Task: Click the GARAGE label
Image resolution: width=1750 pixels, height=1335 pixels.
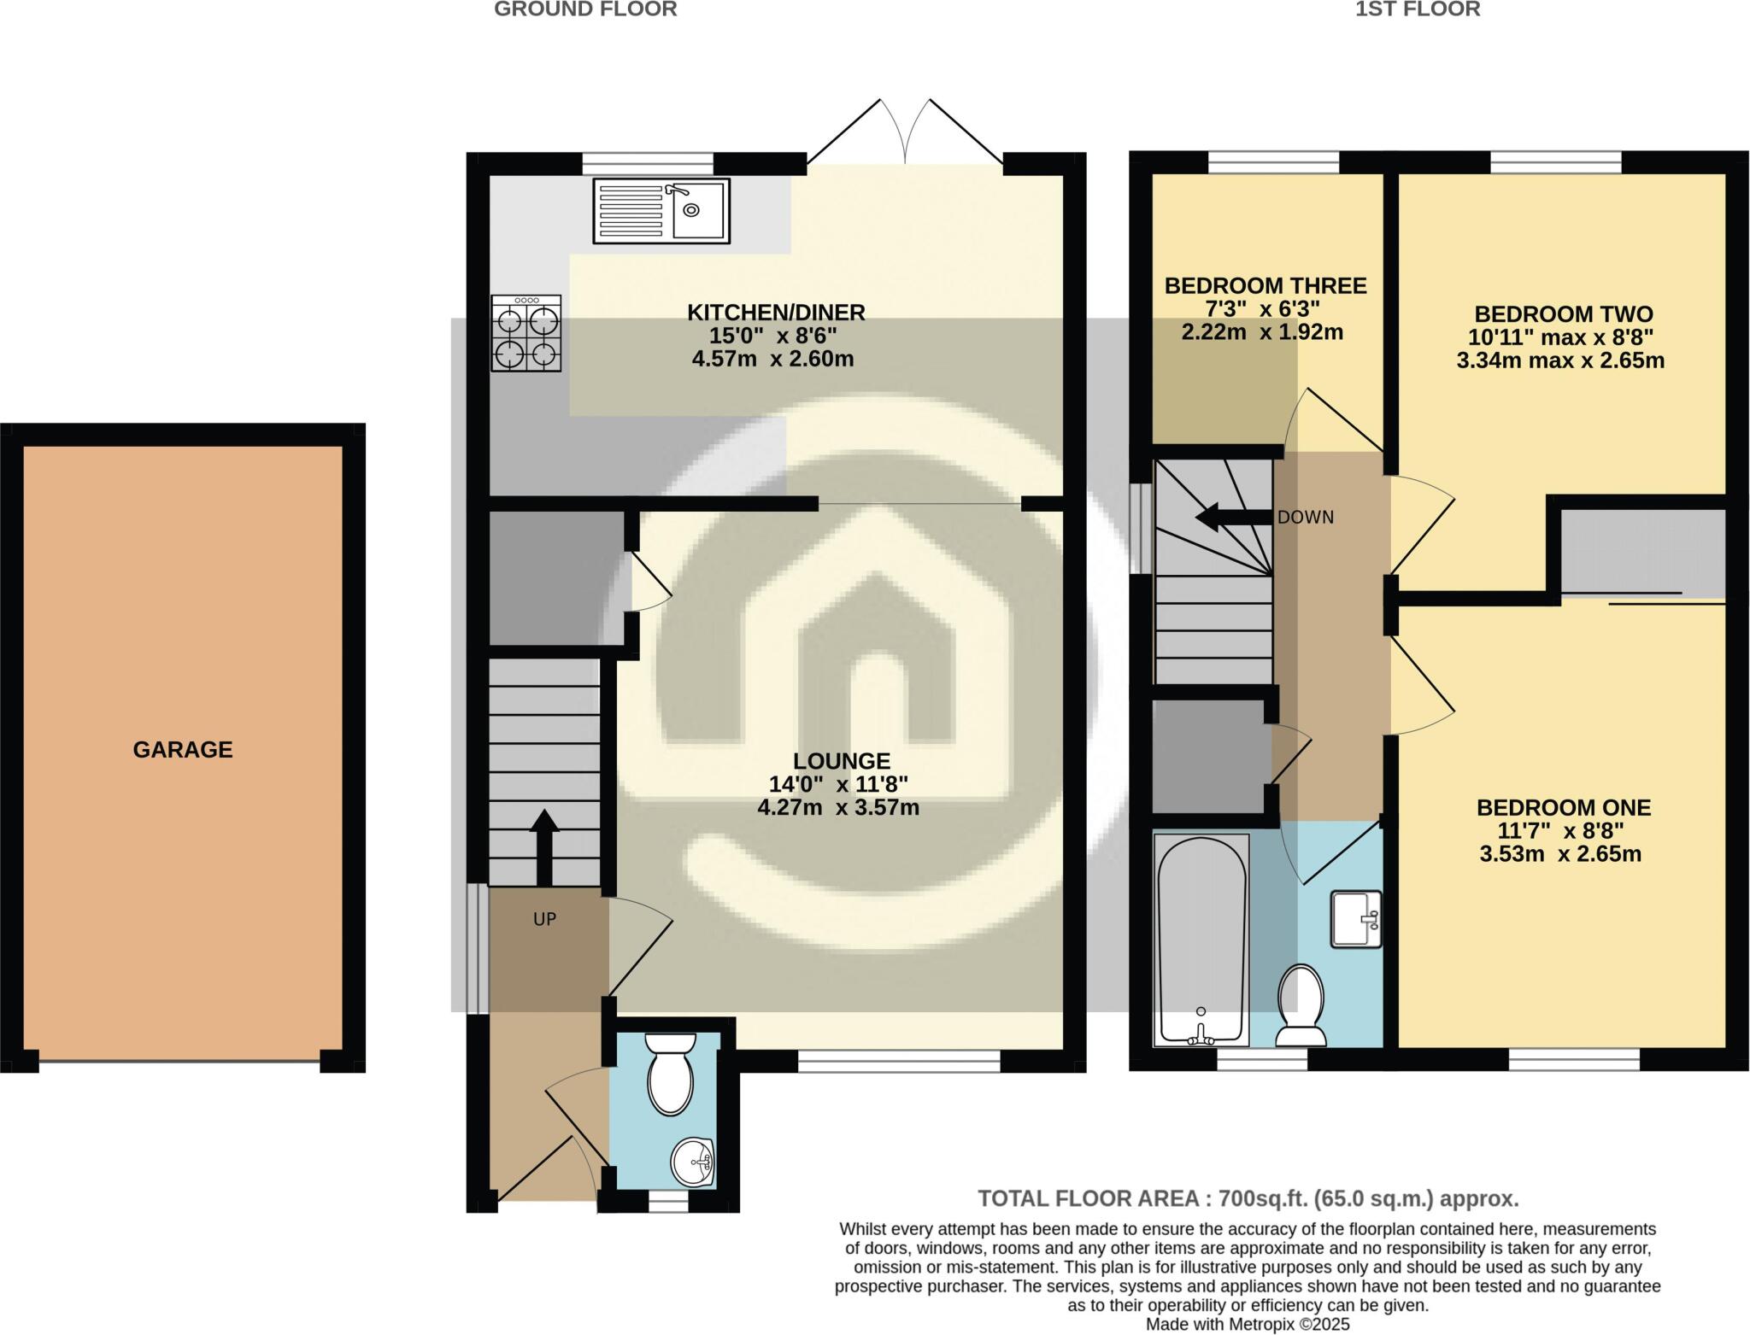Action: (182, 749)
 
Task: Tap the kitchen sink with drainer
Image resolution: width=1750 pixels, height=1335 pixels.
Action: (661, 210)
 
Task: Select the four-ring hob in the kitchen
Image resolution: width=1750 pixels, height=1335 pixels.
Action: (526, 333)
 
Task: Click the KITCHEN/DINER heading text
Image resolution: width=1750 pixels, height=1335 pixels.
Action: (776, 313)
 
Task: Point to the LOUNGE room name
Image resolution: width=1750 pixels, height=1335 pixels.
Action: (841, 760)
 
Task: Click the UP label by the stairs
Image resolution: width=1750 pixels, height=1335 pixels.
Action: (544, 919)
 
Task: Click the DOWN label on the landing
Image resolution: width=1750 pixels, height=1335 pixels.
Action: (1305, 518)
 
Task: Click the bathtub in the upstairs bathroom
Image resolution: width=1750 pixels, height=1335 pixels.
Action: (1200, 940)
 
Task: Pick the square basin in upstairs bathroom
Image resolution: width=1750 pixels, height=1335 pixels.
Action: (1355, 919)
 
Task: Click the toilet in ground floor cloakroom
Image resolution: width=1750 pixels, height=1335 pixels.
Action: (670, 1074)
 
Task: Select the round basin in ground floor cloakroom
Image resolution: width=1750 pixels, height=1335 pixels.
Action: (693, 1162)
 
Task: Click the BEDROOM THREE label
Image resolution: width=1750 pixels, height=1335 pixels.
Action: (1265, 285)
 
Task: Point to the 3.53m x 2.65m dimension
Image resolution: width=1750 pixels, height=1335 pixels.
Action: (1560, 853)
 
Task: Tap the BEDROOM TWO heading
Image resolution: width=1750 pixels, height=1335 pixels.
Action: (1563, 313)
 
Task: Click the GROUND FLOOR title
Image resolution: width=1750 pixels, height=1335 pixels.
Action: (585, 9)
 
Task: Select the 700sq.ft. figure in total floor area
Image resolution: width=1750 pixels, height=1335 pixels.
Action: (1264, 1198)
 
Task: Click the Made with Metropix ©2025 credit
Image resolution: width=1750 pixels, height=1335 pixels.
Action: (1247, 1324)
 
